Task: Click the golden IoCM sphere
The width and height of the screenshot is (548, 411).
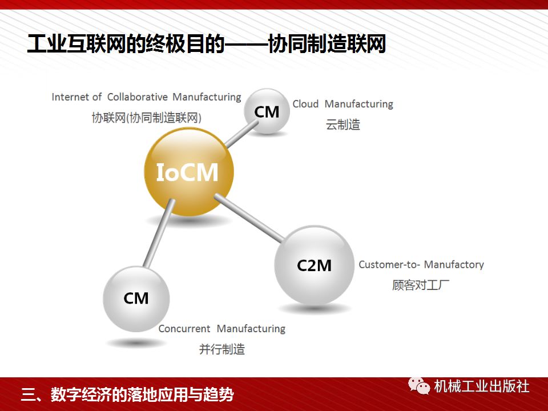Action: [188, 172]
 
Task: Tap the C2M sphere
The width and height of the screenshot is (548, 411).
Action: [315, 265]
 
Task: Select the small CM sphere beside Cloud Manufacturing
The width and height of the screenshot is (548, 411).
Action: [267, 111]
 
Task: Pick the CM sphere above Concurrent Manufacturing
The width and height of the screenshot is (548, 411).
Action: [136, 298]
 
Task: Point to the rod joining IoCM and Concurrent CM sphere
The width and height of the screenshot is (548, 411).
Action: [159, 237]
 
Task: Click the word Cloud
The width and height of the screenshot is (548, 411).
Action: [305, 104]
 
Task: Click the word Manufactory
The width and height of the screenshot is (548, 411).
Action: [454, 265]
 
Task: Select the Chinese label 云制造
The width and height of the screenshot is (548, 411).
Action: [343, 124]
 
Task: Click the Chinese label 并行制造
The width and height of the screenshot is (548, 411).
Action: [222, 349]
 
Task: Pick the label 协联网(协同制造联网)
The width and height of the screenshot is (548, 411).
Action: [147, 117]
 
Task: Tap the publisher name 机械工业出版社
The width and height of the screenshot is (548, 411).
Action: [481, 386]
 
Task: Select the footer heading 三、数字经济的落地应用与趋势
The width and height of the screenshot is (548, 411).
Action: [127, 394]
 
